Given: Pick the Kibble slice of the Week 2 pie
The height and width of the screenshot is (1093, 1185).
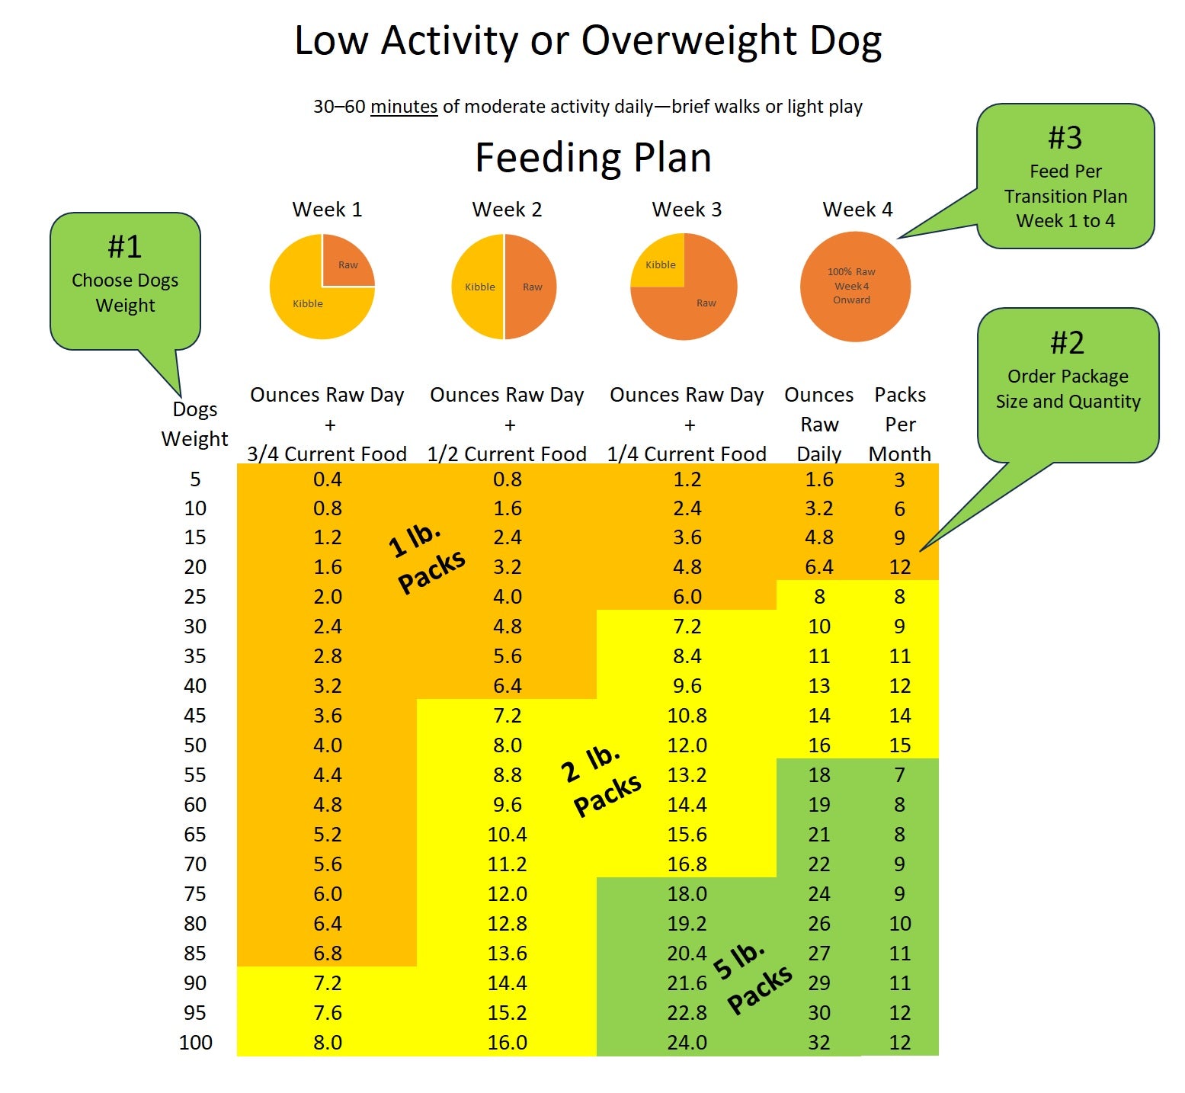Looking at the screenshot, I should point(479,287).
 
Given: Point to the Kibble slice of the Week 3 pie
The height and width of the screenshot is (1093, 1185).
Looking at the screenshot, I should point(660,264).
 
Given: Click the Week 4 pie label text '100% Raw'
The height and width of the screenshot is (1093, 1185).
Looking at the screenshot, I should point(851,272).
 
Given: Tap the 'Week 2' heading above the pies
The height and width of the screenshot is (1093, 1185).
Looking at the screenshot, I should point(507,210).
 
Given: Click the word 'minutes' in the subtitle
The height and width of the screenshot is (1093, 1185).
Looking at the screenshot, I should point(404,107).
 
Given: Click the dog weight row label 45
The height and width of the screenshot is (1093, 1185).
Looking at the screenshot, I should point(195,716).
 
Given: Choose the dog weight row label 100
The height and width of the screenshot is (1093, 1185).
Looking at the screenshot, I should point(195,1043).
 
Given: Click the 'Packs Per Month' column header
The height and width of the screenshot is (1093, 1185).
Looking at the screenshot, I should point(900,424).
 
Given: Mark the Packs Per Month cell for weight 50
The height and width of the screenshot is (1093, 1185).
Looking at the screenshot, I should point(900,745).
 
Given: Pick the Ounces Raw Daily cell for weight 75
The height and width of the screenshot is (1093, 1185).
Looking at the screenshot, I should point(819,894).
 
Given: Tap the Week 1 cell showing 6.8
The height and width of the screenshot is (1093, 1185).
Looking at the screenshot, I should point(328,954).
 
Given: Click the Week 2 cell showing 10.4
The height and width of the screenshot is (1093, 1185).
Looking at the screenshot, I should point(507,835).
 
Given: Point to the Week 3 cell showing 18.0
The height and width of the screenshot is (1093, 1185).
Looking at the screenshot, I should point(687,894).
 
